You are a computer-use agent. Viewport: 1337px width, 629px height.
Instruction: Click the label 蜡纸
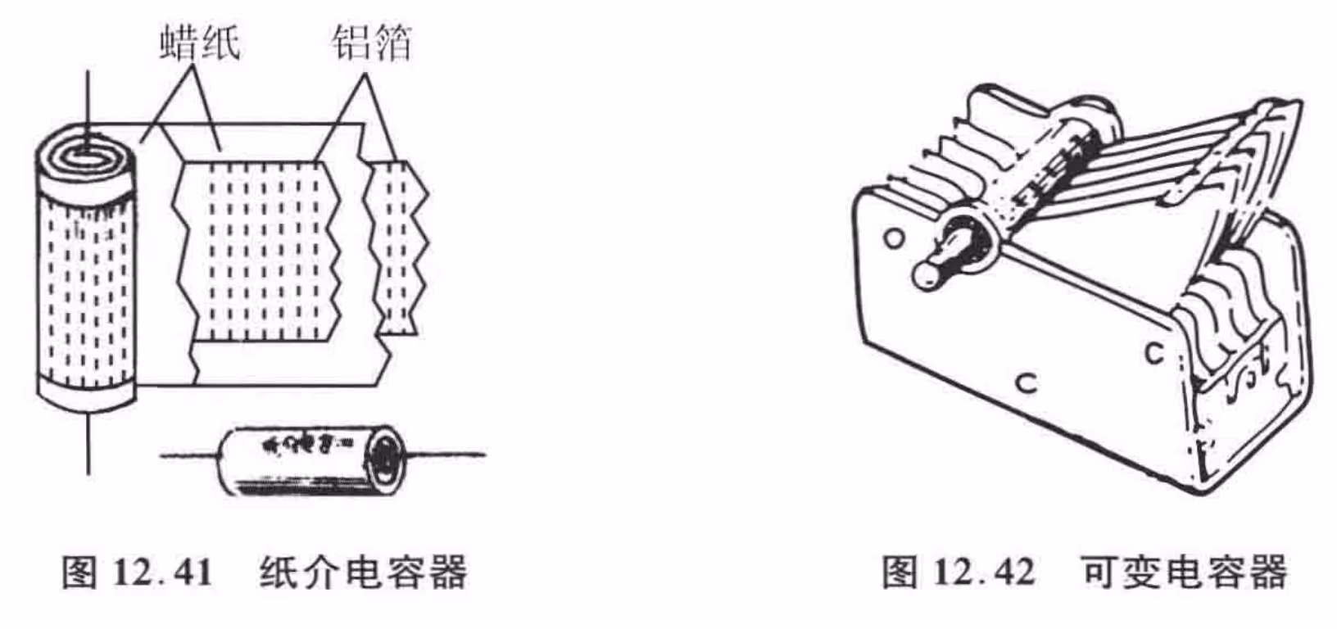[x=200, y=42]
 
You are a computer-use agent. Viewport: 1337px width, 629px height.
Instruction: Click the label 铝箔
[x=371, y=42]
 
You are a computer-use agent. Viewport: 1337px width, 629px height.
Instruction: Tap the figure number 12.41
[x=162, y=572]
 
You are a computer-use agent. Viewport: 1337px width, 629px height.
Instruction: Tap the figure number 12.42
[x=983, y=572]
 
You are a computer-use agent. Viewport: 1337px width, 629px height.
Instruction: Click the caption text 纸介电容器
[x=363, y=572]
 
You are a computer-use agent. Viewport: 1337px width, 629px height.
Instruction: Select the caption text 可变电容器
[x=1184, y=572]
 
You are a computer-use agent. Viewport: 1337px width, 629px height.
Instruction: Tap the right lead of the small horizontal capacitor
[x=446, y=454]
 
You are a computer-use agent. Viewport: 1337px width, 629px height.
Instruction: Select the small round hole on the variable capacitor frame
[x=895, y=238]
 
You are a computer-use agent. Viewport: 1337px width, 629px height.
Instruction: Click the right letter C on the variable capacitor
[x=1153, y=353]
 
